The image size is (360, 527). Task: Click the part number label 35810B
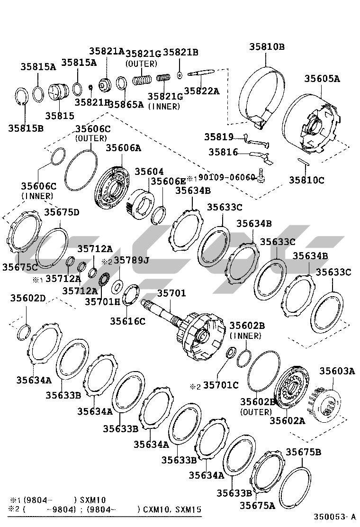pos(267,46)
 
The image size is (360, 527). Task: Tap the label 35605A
pos(322,79)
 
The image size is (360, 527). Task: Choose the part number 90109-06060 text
pos(227,178)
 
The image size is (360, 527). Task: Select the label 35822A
pos(202,91)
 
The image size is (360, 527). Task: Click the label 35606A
pos(123,148)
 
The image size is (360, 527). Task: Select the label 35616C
pos(128,321)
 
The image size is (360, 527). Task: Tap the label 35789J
pos(131,260)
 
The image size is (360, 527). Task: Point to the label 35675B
pos(303,452)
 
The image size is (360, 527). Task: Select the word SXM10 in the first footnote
pos(94,500)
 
